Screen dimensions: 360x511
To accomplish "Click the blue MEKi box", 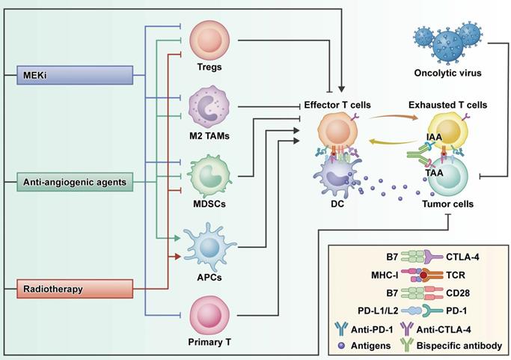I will tap(76, 75).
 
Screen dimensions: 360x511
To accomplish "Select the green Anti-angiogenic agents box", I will tap(76, 180).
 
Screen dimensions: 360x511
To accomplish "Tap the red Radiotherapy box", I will tap(76, 287).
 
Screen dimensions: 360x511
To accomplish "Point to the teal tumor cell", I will tap(447, 178).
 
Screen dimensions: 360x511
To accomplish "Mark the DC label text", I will tap(337, 204).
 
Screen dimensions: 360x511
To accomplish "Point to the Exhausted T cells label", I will tap(447, 105).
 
